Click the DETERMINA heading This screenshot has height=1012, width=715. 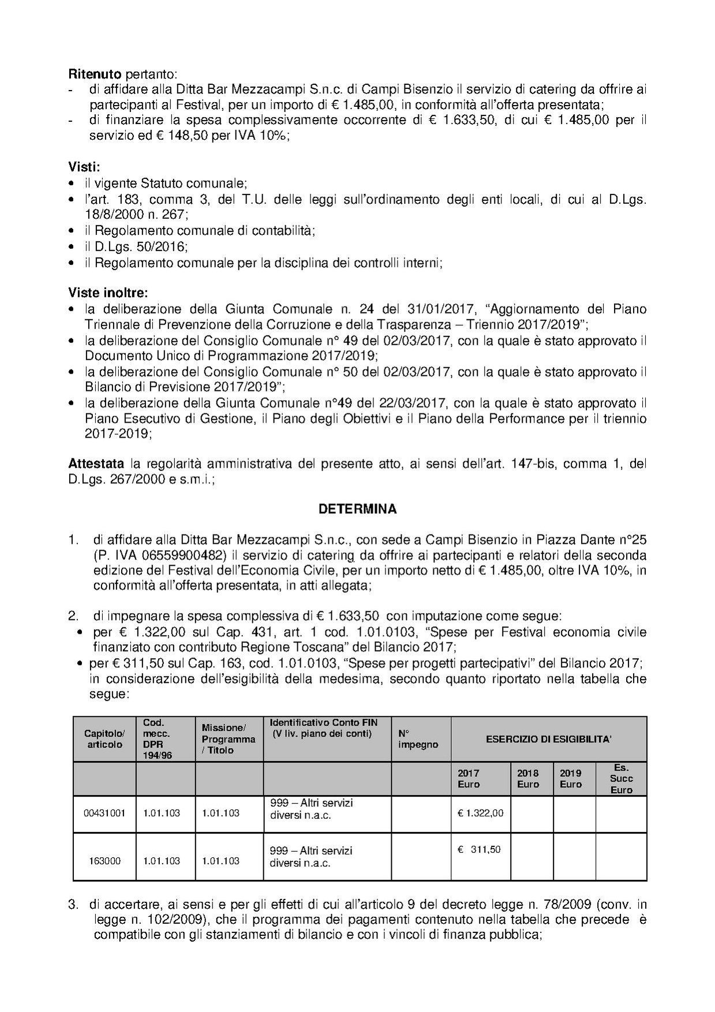[357, 509]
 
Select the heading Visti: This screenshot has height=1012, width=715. [84, 167]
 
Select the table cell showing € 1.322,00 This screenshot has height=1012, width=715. [480, 813]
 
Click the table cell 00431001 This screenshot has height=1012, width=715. [104, 813]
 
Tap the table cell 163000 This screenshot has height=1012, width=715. [104, 861]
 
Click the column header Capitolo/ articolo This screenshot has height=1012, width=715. [104, 739]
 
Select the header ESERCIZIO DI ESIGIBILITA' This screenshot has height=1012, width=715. [548, 739]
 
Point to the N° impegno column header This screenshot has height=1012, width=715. [418, 739]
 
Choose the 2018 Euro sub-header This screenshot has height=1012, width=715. [528, 778]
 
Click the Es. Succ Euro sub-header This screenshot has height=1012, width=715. [621, 778]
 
